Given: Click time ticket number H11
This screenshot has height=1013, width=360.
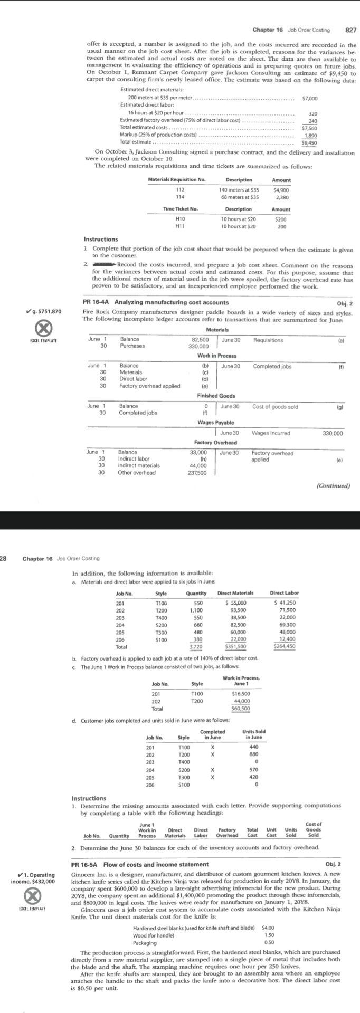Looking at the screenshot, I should (x=179, y=226).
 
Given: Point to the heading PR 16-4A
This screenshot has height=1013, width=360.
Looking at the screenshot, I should (x=97, y=302).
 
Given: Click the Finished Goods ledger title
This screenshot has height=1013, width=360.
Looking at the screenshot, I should (x=216, y=396).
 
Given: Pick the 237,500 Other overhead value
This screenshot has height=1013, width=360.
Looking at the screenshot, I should (x=197, y=472).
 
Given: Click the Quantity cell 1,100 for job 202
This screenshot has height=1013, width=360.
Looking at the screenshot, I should (x=196, y=610).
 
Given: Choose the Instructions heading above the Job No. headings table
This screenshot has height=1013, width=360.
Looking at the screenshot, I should (x=89, y=798).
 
